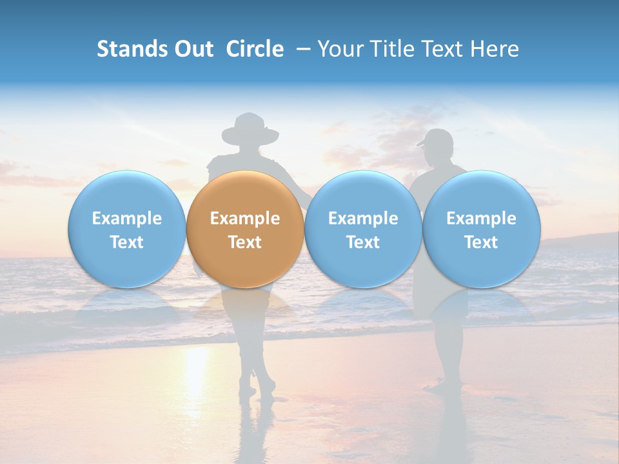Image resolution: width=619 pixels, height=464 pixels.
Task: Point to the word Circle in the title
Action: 255,49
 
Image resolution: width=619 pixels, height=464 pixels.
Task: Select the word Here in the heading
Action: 496,49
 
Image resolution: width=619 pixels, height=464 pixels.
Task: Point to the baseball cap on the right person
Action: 437,138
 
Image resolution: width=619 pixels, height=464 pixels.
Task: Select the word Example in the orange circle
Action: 245,218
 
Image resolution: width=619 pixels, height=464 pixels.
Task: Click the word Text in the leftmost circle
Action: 126,242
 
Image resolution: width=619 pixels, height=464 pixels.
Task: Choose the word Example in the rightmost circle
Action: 481,218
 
